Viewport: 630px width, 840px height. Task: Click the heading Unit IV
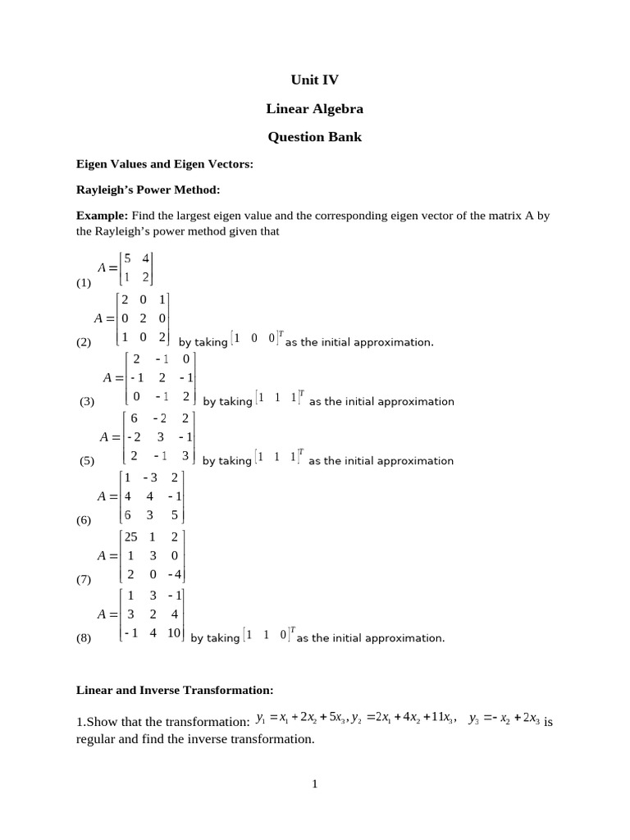tap(314, 80)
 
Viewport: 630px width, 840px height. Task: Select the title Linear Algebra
tap(314, 108)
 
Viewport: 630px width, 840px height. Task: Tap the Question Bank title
tap(314, 137)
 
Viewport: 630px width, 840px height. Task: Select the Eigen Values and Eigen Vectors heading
tap(164, 164)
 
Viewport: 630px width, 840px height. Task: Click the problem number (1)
tap(84, 284)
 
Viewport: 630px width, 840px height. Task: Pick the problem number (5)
tap(88, 461)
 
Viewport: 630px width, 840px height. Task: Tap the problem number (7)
tap(84, 579)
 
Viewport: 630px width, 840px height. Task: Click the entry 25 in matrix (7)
tap(130, 537)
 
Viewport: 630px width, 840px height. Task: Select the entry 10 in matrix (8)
tap(175, 633)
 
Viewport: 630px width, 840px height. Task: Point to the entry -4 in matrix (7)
tap(175, 574)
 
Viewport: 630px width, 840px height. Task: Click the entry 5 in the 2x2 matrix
tap(128, 257)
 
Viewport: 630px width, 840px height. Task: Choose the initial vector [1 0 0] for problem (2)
tap(257, 338)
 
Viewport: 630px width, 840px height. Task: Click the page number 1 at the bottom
tap(314, 784)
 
